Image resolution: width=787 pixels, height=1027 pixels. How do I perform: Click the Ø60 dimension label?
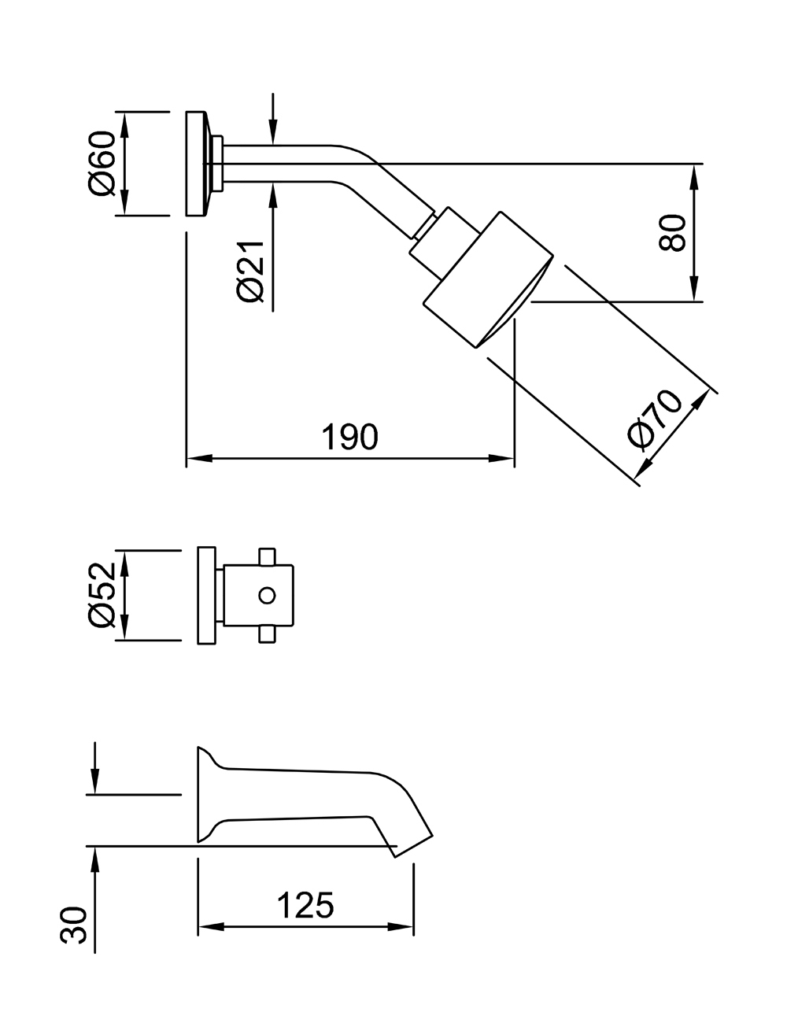coord(103,164)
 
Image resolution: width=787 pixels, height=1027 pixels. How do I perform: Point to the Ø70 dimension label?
coord(655,417)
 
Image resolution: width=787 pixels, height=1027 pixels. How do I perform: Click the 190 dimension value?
coord(350,438)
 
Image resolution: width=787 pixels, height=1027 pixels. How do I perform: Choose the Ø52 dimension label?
coord(103,596)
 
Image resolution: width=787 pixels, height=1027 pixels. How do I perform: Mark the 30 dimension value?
coord(72,925)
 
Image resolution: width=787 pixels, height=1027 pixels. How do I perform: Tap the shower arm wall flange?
coord(197,164)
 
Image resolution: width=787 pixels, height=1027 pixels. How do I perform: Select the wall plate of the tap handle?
coord(206,594)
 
